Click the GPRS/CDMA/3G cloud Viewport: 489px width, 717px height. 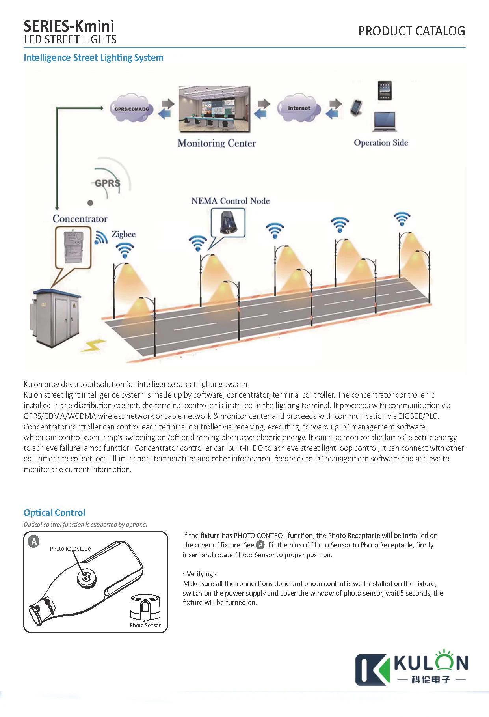(x=131, y=109)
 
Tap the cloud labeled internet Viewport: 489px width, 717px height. (x=299, y=108)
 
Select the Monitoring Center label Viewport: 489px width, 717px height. (x=217, y=143)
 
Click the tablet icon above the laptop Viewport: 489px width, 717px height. (x=385, y=91)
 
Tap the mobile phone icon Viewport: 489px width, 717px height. (x=356, y=107)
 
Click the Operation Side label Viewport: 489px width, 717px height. (x=381, y=143)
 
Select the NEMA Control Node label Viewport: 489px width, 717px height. (x=231, y=201)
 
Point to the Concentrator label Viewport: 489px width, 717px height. (x=80, y=219)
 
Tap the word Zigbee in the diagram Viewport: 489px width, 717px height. (x=123, y=234)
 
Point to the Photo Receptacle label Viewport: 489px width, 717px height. (x=70, y=549)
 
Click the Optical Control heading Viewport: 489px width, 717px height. (x=54, y=513)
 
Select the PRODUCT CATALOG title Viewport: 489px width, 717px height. (x=411, y=31)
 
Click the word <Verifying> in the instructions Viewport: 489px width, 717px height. (x=200, y=574)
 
